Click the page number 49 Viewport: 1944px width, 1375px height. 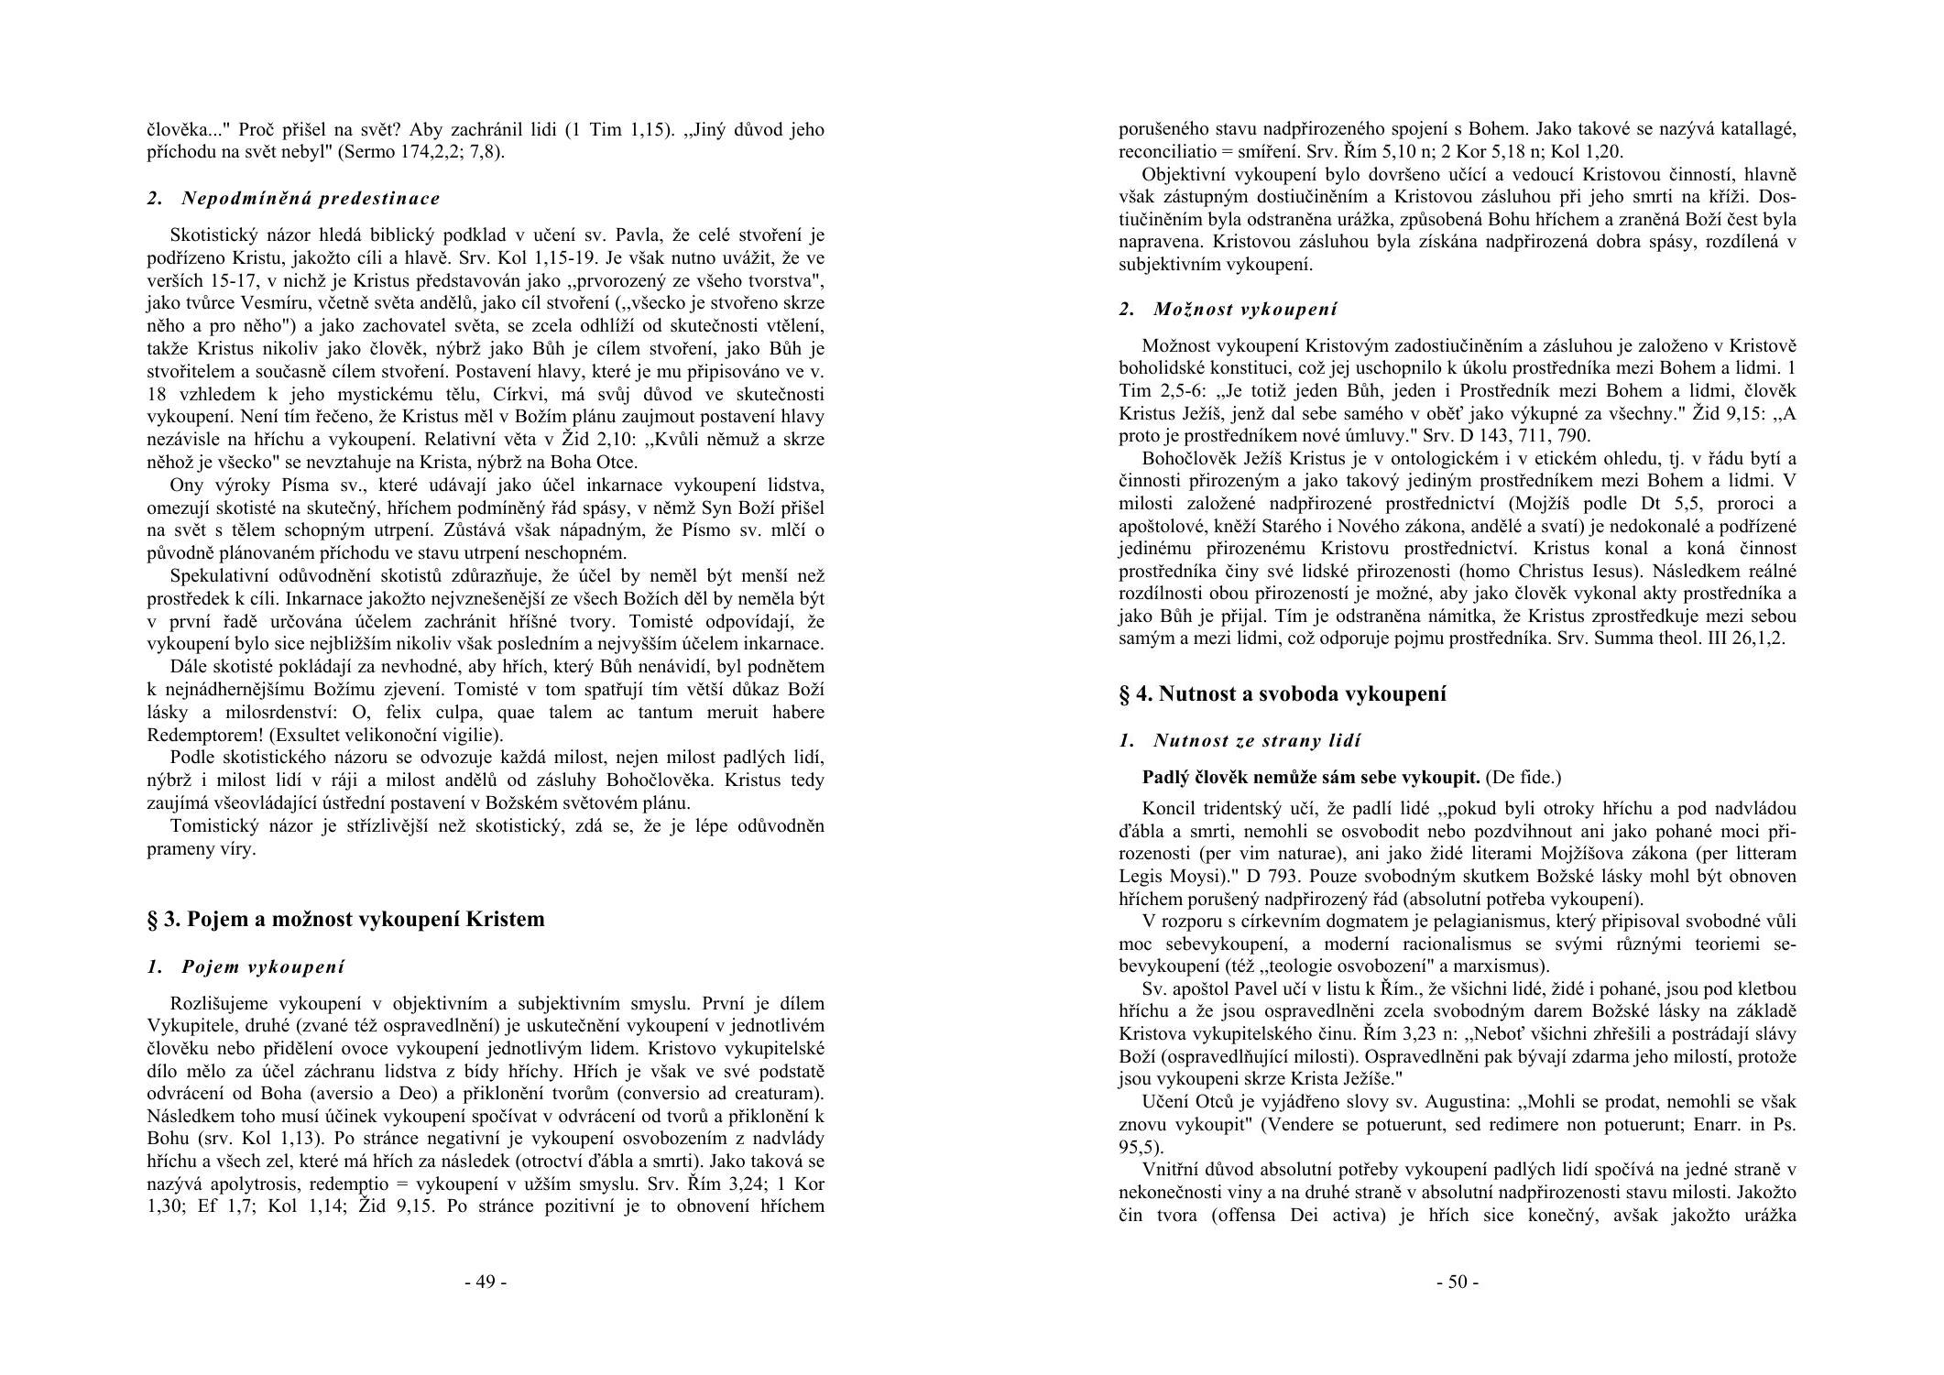485,1282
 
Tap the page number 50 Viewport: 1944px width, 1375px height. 1457,1282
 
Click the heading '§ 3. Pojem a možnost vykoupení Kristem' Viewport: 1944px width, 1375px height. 345,919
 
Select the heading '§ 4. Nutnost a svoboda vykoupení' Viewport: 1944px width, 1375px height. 1283,693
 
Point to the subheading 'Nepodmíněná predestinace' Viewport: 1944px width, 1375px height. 311,198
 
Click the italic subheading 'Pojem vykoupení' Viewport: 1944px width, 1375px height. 263,966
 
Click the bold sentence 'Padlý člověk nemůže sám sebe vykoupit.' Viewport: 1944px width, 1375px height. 1311,778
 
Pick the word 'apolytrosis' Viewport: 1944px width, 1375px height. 252,1184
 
